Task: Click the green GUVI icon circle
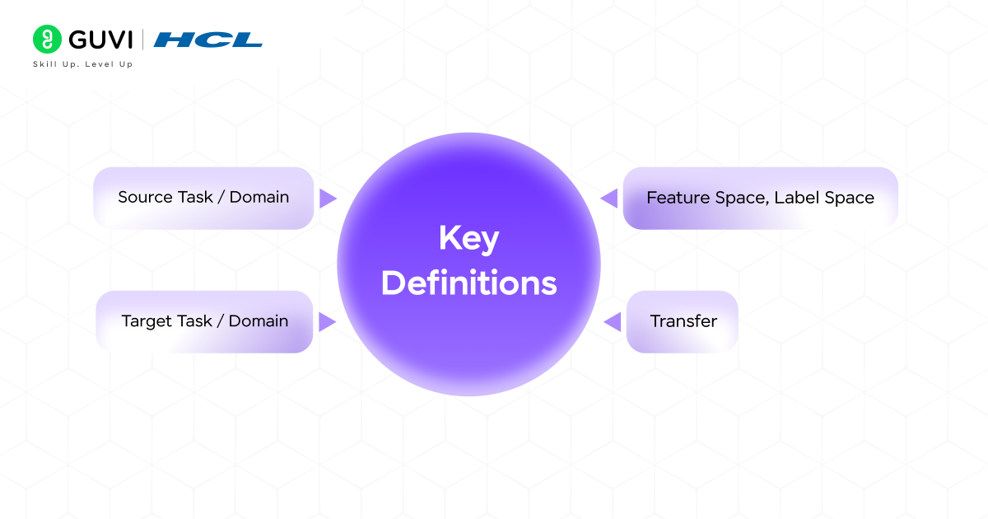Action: coord(48,39)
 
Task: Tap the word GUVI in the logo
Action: coord(100,39)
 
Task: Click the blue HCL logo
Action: coord(207,39)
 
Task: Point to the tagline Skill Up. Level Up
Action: coord(82,64)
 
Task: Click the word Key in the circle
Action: coord(468,239)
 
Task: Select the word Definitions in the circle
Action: coord(468,283)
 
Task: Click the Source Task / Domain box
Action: coord(203,198)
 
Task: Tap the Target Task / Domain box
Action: coord(205,321)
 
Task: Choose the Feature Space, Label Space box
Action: coord(759,198)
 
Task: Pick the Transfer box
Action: coord(683,321)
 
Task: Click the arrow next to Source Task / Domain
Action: coord(328,198)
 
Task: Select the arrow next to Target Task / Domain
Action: coord(328,321)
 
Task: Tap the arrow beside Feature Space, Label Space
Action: coord(609,198)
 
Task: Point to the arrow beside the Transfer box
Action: coord(612,321)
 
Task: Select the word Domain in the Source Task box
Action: coord(259,198)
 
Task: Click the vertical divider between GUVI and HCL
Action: coord(144,39)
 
